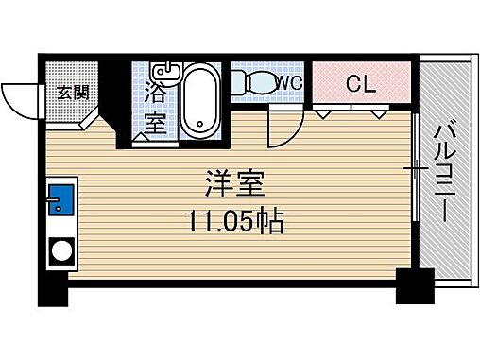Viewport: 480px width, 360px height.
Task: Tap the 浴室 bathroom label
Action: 156,106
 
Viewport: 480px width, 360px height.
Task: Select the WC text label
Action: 289,83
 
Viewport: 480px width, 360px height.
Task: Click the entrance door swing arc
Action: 19,97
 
